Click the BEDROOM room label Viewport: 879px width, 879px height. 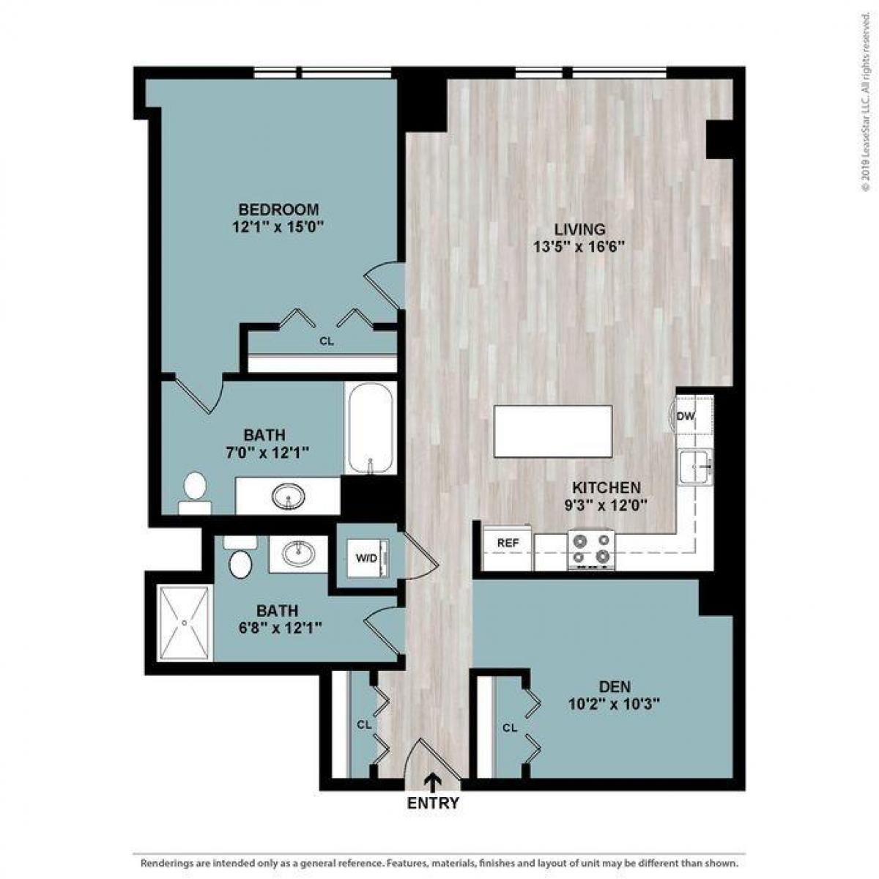click(x=278, y=208)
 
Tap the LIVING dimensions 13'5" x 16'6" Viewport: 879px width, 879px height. click(x=579, y=247)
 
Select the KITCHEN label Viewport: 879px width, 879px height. click(x=606, y=487)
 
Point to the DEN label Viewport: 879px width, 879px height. click(x=615, y=687)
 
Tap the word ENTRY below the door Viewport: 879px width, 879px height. click(x=433, y=803)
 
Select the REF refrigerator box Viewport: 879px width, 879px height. click(x=508, y=544)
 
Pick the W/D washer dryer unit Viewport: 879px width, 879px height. click(x=367, y=558)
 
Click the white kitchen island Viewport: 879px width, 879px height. click(x=553, y=431)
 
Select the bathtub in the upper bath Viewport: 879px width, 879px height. click(x=370, y=428)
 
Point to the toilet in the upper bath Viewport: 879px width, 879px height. click(x=195, y=493)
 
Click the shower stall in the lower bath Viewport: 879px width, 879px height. click(x=185, y=623)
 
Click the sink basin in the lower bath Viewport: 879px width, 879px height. click(x=297, y=554)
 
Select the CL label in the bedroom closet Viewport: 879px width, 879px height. click(x=327, y=341)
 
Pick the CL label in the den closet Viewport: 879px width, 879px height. click(x=510, y=728)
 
